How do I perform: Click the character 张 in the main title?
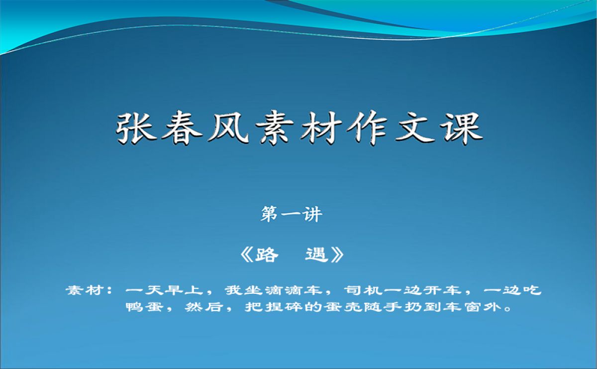[x=136, y=128]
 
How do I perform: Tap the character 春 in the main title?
[x=182, y=128]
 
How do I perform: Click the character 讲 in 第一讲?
[x=312, y=214]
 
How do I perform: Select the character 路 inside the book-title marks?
[x=267, y=255]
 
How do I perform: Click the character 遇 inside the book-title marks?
[x=316, y=255]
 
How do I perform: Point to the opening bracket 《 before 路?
[x=247, y=255]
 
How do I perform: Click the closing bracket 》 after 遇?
[x=337, y=255]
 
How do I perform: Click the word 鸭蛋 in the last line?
[x=144, y=307]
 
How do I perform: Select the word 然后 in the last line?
[x=204, y=307]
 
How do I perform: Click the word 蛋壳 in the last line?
[x=343, y=307]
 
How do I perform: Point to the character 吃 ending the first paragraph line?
[x=532, y=290]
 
